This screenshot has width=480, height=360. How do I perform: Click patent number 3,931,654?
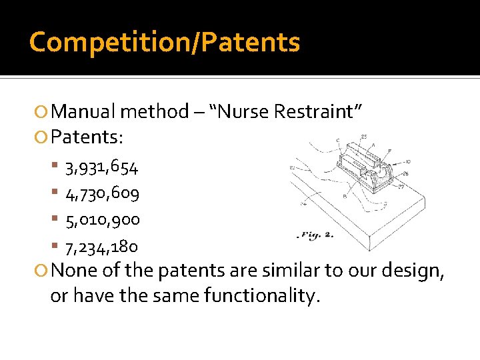(102, 168)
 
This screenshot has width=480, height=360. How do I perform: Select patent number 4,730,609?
(102, 194)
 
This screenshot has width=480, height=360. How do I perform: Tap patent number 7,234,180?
(102, 247)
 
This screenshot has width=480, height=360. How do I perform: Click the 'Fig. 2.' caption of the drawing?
(316, 235)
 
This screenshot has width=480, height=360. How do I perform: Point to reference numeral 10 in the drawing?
(407, 161)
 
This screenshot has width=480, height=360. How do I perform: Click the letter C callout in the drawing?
(339, 141)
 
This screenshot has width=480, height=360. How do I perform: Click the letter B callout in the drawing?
(345, 196)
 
